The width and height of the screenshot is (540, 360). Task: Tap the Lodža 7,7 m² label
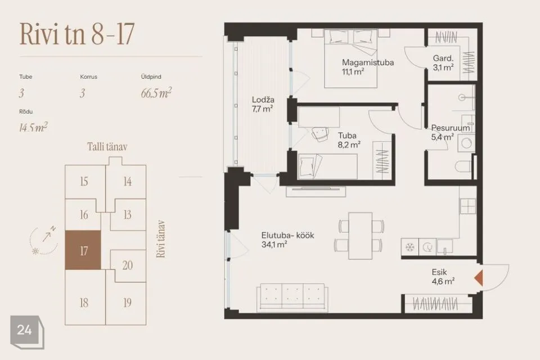[263, 105]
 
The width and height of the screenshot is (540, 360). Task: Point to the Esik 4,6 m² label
[443, 277]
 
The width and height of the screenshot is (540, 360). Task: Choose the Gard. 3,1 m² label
[443, 62]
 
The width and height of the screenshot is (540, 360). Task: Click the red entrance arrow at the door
[479, 278]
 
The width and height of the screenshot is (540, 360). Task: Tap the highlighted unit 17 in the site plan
[83, 250]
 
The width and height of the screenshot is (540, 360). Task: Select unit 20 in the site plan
[128, 265]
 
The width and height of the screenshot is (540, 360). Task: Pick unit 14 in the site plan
[128, 181]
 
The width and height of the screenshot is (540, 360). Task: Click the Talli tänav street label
[107, 147]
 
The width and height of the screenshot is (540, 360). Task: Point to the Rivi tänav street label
[160, 239]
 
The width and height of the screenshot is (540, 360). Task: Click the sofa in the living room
[292, 298]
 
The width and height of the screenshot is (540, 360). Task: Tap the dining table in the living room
[360, 236]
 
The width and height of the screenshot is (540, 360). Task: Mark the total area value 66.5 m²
[156, 93]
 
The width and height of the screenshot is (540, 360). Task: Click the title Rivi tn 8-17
[77, 34]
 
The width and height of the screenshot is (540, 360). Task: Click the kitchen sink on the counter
[444, 247]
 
